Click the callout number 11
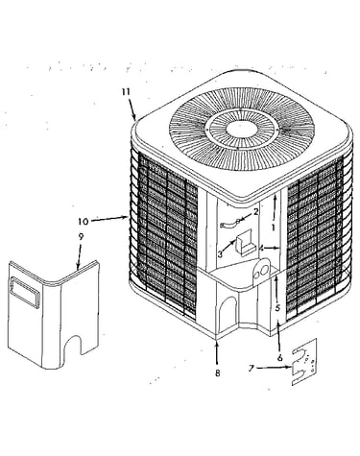coord(126,92)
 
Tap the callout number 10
coord(83,221)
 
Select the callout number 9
coord(81,237)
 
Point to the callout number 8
coord(218,372)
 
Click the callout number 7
coord(252,369)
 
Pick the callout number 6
coord(280,358)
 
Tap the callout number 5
coord(277,308)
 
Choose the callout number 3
coord(220,254)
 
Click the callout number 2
coord(255,211)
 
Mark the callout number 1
coord(273,228)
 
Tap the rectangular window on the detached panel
coord(26,292)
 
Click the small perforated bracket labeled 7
coord(304,362)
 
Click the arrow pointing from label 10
coord(108,219)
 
